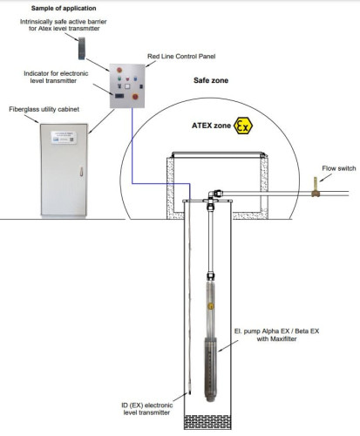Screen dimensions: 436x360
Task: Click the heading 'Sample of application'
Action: coord(41,7)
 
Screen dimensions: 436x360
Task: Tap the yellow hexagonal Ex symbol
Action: coord(243,126)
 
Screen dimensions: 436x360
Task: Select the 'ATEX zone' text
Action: coord(210,126)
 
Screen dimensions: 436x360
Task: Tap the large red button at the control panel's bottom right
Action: coord(146,98)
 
